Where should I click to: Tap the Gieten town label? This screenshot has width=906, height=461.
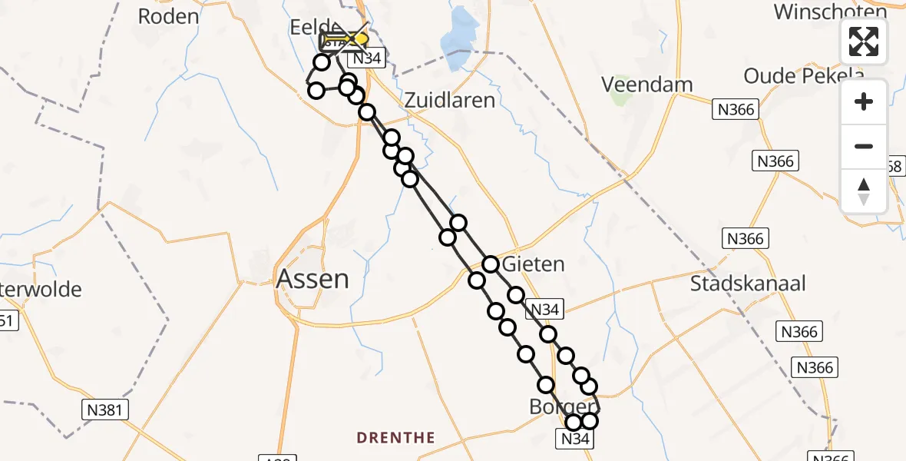pos(533,264)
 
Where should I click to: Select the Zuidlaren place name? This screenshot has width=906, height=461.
pos(449,100)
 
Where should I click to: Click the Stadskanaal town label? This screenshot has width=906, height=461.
pos(748,284)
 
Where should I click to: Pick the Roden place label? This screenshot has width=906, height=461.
pos(168,16)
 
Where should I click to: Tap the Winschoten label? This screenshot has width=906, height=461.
pos(831,12)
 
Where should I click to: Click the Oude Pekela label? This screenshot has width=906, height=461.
pos(804,75)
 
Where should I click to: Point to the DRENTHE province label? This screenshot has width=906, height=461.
pos(396,438)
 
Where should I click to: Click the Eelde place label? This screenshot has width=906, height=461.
pos(310,28)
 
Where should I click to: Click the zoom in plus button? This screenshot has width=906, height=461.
pos(864,101)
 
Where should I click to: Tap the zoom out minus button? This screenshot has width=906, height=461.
pos(864,146)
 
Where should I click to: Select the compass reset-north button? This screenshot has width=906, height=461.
pos(864,191)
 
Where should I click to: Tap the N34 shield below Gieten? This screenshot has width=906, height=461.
pos(545,310)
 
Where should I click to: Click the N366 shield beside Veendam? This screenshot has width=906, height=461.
pos(735,109)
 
